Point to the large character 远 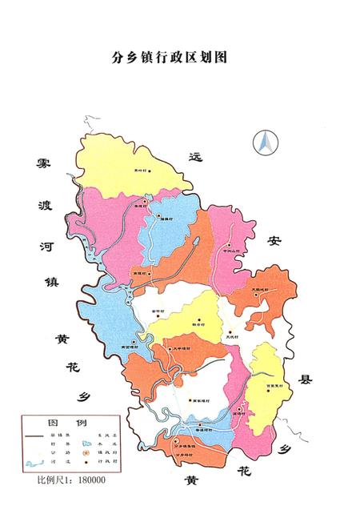coord(195,156)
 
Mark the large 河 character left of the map coord(45,242)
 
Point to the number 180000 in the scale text coord(88,480)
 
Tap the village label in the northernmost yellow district coord(142,171)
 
